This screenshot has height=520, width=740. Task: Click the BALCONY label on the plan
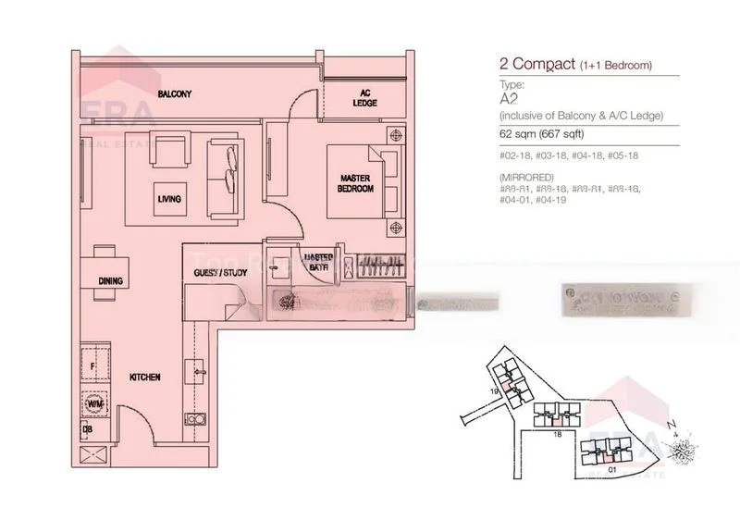(174, 94)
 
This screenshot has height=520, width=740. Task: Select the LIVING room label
(169, 198)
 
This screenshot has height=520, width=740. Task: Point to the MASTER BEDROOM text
(356, 182)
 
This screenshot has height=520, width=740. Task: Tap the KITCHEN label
(145, 378)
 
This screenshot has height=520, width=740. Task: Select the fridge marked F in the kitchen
(93, 366)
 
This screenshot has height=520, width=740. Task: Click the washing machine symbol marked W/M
(93, 403)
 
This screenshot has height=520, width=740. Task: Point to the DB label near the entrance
(87, 428)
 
